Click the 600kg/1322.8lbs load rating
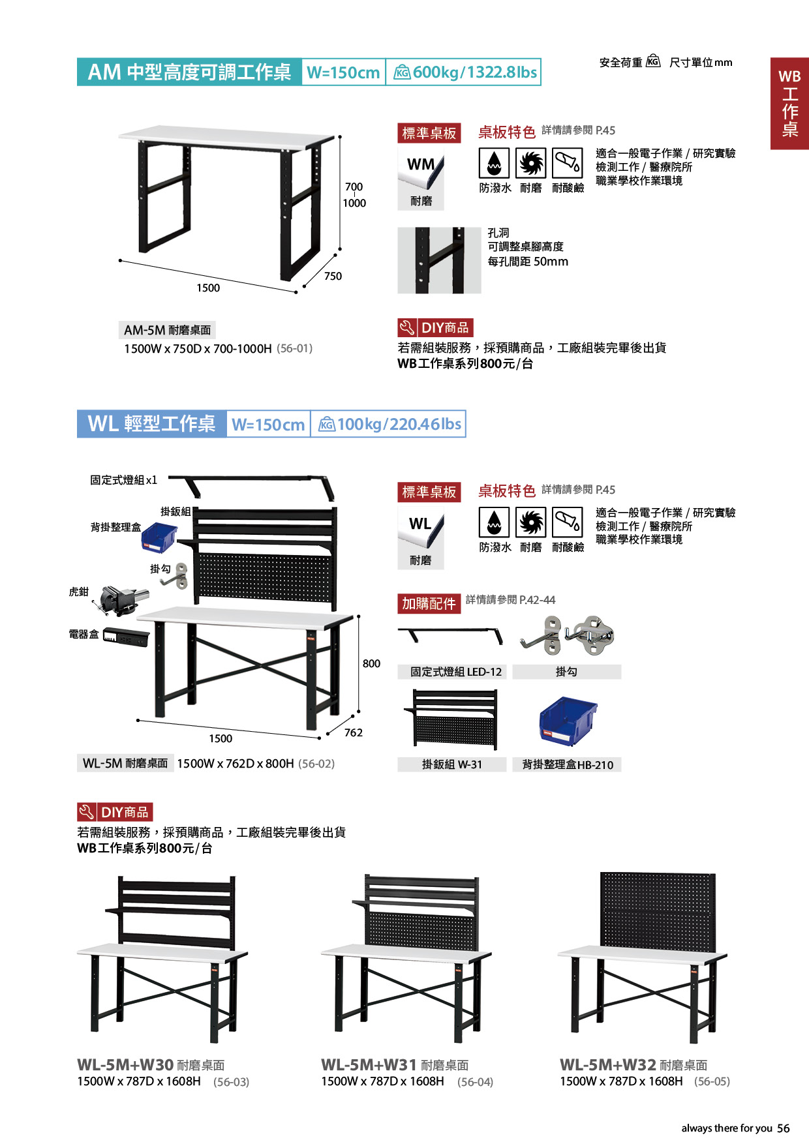tap(474, 72)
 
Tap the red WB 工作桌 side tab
tap(789, 104)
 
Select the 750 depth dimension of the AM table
tap(333, 277)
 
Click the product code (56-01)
tap(295, 348)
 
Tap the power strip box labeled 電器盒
tap(126, 637)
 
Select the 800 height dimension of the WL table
tap(371, 663)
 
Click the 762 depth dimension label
tap(354, 732)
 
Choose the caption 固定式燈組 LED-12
tap(456, 672)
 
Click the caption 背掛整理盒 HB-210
tap(568, 764)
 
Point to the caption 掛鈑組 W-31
tap(452, 764)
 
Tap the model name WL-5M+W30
tap(125, 1064)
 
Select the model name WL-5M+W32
tap(608, 1064)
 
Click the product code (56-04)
tap(476, 1082)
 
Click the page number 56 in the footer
tap(784, 1128)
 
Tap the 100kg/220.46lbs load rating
tap(399, 425)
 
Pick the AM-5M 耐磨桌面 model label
tap(168, 330)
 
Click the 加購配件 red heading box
tap(429, 603)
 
